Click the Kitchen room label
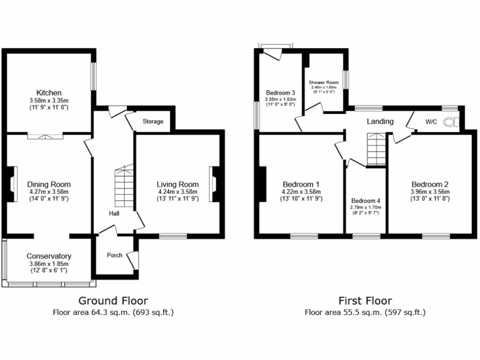pyautogui.click(x=49, y=92)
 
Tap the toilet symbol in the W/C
pyautogui.click(x=451, y=122)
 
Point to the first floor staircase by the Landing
pyautogui.click(x=375, y=150)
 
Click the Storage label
pyautogui.click(x=153, y=122)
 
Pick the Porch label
pyautogui.click(x=114, y=255)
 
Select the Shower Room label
pyautogui.click(x=323, y=82)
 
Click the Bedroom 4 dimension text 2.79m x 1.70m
pyautogui.click(x=365, y=207)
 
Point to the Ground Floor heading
pyautogui.click(x=113, y=300)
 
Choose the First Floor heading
pyautogui.click(x=365, y=300)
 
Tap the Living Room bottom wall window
pyautogui.click(x=173, y=236)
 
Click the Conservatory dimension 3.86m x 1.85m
pyautogui.click(x=49, y=264)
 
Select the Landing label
pyautogui.click(x=380, y=121)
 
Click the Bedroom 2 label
pyautogui.click(x=430, y=184)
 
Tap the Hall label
pyautogui.click(x=114, y=214)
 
